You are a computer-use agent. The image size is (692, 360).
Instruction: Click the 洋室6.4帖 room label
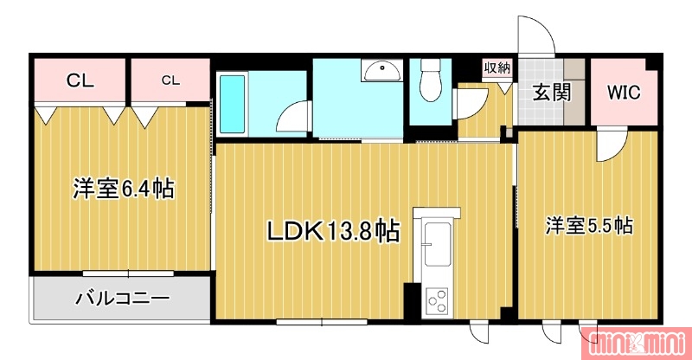pyautogui.click(x=124, y=190)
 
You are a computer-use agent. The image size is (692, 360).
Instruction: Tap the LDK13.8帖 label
pyautogui.click(x=331, y=231)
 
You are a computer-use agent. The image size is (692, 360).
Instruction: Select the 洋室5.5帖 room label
pyautogui.click(x=589, y=227)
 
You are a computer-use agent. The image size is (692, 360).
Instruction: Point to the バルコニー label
pyautogui.click(x=122, y=299)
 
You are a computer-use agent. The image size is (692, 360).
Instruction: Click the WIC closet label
pyautogui.click(x=623, y=93)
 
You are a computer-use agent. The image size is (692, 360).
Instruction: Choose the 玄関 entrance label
pyautogui.click(x=551, y=92)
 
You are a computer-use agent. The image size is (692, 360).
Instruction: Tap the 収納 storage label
pyautogui.click(x=497, y=67)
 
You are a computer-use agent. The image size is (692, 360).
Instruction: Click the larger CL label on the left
pyautogui.click(x=80, y=81)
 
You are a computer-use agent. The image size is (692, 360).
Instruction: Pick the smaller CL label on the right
pyautogui.click(x=170, y=80)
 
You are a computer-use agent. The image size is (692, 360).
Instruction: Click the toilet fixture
pyautogui.click(x=428, y=81)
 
